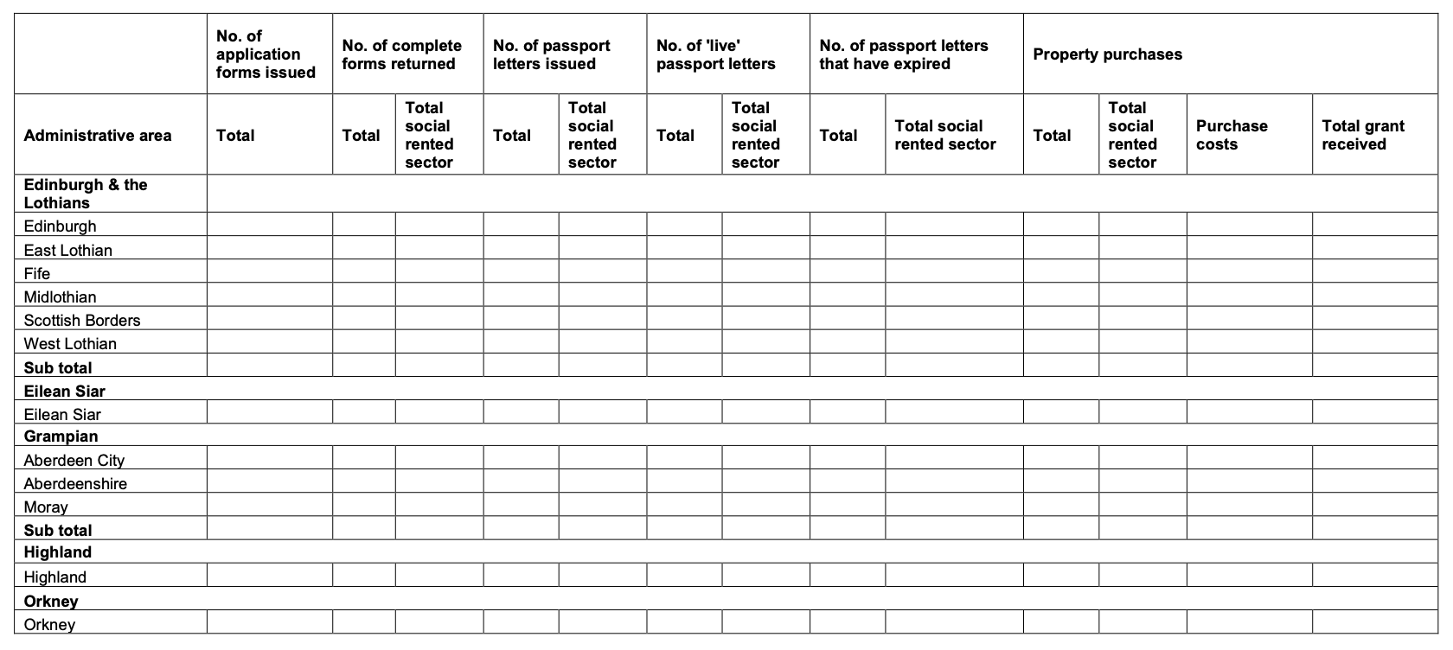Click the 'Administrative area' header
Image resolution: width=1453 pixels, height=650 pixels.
pos(98,136)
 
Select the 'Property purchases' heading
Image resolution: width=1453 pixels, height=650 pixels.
pos(1107,54)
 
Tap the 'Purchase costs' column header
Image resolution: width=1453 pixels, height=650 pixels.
pos(1232,135)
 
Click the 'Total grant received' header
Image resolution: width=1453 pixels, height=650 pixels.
pos(1363,135)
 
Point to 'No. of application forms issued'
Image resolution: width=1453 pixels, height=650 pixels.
pos(266,54)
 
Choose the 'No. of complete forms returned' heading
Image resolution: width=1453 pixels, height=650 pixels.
pos(401,54)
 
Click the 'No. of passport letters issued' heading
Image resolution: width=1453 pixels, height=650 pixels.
pos(552,54)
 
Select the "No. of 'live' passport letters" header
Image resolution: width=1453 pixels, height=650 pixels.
pos(715,54)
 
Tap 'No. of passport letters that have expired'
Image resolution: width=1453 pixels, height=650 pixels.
pos(903,54)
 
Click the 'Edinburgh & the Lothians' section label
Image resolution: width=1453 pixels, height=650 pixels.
pos(86,194)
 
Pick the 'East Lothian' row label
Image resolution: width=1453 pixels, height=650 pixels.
pos(68,251)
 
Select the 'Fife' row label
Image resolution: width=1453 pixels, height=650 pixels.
pos(37,274)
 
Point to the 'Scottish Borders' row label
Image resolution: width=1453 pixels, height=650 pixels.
pos(82,321)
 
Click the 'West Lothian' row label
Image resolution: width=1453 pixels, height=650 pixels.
pos(70,344)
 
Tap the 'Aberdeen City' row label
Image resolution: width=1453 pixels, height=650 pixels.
pos(74,461)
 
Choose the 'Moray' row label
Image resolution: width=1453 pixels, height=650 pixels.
pos(46,507)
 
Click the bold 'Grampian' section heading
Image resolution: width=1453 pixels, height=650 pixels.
pos(61,437)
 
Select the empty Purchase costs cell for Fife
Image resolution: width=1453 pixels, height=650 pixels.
pos(1249,271)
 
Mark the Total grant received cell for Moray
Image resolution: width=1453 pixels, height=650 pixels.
pos(1374,505)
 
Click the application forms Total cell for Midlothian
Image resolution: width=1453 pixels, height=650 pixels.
pos(269,295)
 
